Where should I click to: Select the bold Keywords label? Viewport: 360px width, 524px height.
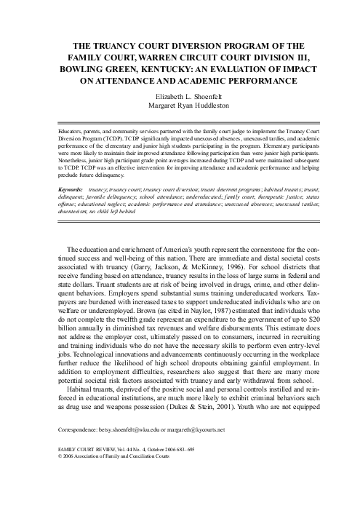pos(71,188)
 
